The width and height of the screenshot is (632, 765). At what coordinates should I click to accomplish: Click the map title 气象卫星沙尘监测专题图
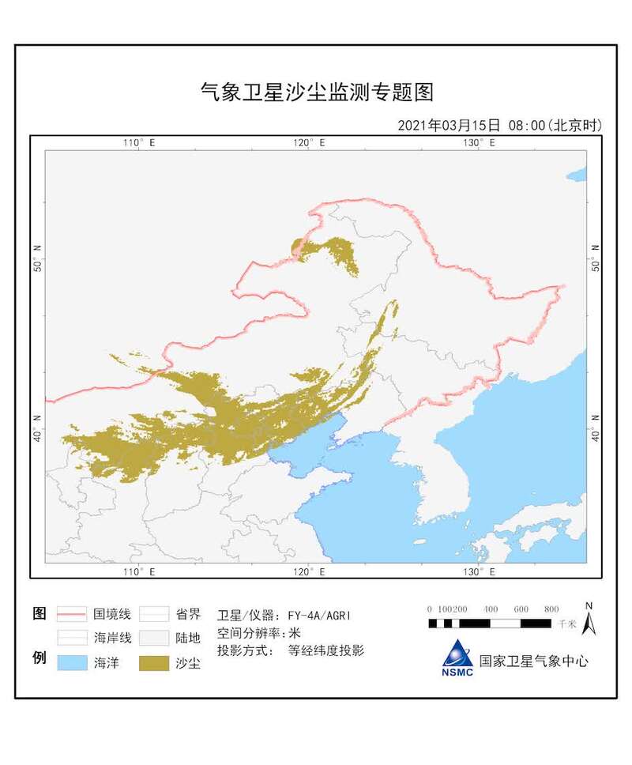pyautogui.click(x=316, y=92)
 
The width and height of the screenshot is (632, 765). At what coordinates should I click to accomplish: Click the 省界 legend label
pyautogui.click(x=188, y=613)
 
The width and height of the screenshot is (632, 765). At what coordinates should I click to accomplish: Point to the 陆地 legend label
pyautogui.click(x=188, y=638)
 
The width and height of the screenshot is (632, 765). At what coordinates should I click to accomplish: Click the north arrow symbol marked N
pyautogui.click(x=588, y=620)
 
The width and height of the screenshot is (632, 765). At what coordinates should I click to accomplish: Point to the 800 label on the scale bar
pyautogui.click(x=551, y=609)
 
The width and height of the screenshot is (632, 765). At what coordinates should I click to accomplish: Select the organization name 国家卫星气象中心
pyautogui.click(x=533, y=661)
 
